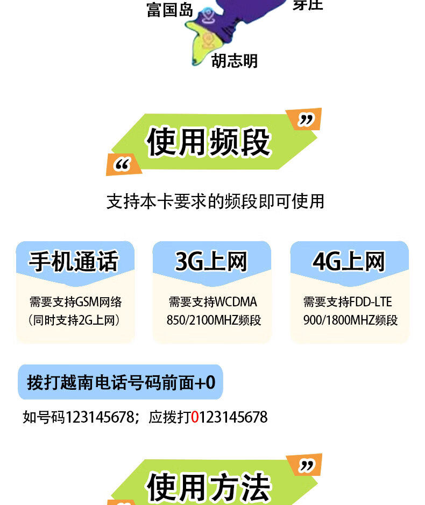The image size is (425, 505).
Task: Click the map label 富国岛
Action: pyautogui.click(x=169, y=10)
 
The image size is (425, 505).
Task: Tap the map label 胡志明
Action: pyautogui.click(x=235, y=60)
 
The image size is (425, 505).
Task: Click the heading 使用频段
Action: pyautogui.click(x=209, y=142)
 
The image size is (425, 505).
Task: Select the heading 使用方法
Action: pyautogui.click(x=209, y=487)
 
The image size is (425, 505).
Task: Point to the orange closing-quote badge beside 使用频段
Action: pyautogui.click(x=305, y=120)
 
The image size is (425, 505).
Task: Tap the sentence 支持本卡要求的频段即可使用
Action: pyautogui.click(x=215, y=201)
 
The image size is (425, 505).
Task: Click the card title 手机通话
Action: pyautogui.click(x=74, y=262)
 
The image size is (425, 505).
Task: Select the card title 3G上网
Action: pyautogui.click(x=211, y=262)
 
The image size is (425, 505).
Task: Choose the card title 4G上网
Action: pyautogui.click(x=349, y=262)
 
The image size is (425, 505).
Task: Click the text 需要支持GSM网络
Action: pyautogui.click(x=75, y=302)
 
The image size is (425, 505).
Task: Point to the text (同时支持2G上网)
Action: pyautogui.click(x=74, y=320)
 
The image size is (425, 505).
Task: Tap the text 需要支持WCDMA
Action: pyautogui.click(x=213, y=302)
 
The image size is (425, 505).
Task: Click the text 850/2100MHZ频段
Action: pyautogui.click(x=214, y=320)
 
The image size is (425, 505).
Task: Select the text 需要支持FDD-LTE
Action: pyautogui.click(x=348, y=302)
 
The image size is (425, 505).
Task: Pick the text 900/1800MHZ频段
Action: pyautogui.click(x=350, y=320)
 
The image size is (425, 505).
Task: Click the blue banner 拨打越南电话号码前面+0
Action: pyautogui.click(x=121, y=382)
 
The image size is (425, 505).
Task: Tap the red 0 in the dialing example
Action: pyautogui.click(x=195, y=417)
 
